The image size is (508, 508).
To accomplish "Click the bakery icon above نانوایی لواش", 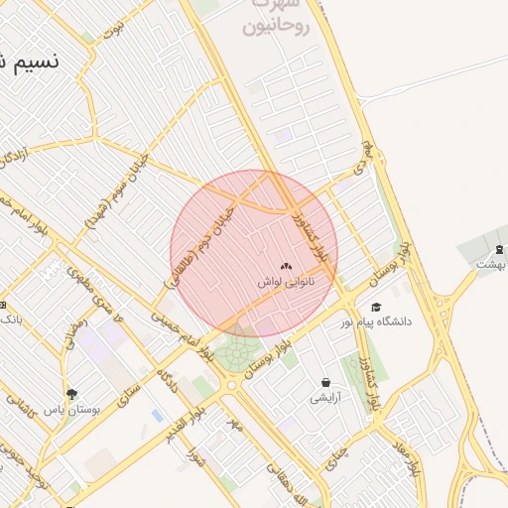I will (286, 266).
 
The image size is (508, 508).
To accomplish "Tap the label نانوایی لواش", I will (286, 283).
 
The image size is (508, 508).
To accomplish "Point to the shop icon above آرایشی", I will (325, 382).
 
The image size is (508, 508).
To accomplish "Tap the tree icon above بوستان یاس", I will (70, 394).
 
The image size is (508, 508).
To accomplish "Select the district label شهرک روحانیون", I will (277, 19).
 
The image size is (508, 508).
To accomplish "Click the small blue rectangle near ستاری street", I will (158, 416).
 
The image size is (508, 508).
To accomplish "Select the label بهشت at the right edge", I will (490, 265).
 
